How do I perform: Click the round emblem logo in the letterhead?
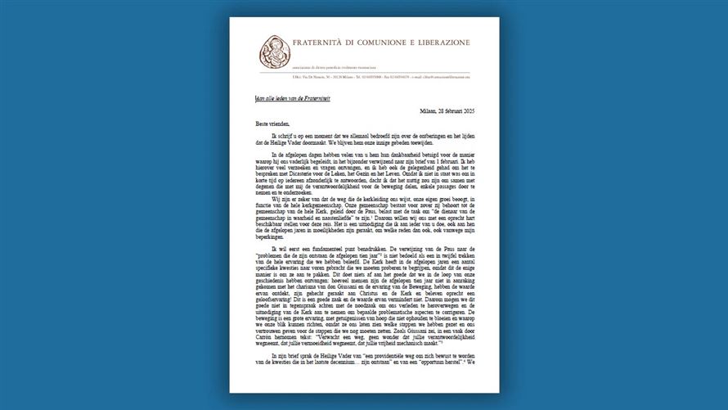tap(276, 52)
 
